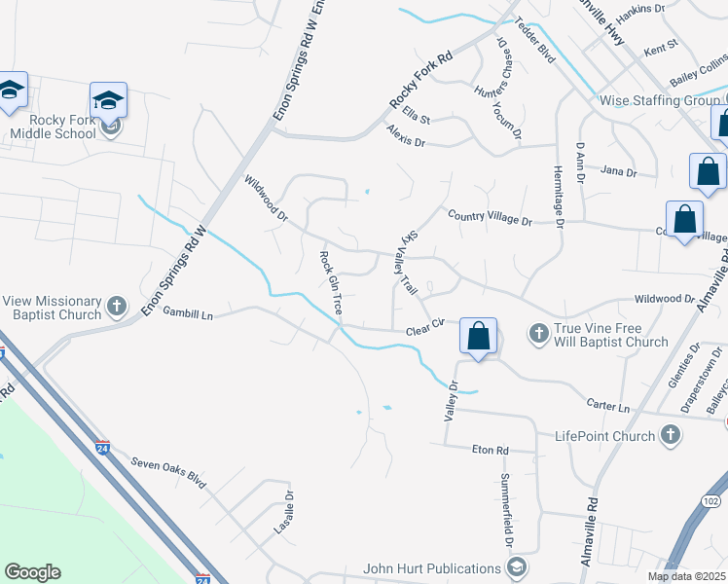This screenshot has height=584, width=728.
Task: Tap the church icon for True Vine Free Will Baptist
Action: click(x=539, y=334)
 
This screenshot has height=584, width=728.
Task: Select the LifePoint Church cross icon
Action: click(x=670, y=436)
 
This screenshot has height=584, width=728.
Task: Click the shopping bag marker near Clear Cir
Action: click(x=478, y=338)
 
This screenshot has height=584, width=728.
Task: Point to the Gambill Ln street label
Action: click(x=187, y=313)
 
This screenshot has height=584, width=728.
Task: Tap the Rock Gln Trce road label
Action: click(x=330, y=283)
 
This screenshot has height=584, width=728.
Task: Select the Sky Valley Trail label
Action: click(x=409, y=264)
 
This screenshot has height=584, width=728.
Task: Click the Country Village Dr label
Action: click(x=490, y=220)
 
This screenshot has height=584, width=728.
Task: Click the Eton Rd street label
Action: click(x=490, y=451)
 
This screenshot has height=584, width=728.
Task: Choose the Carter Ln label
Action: click(x=608, y=404)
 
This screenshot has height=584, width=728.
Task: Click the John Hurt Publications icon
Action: click(x=518, y=566)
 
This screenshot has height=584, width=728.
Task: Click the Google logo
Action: click(x=32, y=572)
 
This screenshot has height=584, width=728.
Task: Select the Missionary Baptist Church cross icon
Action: click(x=116, y=307)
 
